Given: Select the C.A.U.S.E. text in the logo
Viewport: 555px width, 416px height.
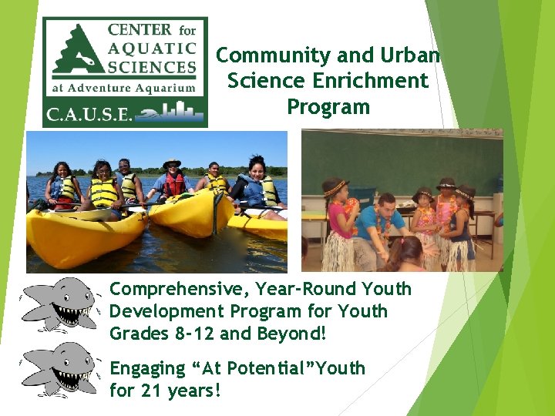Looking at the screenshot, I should pyautogui.click(x=89, y=114).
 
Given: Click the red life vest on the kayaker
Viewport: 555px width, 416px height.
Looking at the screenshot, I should pyautogui.click(x=174, y=185).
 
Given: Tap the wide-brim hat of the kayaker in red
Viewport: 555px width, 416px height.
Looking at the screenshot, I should pyautogui.click(x=172, y=163).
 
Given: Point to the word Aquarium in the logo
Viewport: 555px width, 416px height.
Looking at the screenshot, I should pyautogui.click(x=165, y=88).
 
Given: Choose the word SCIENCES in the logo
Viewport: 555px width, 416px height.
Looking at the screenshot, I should pyautogui.click(x=153, y=67).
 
